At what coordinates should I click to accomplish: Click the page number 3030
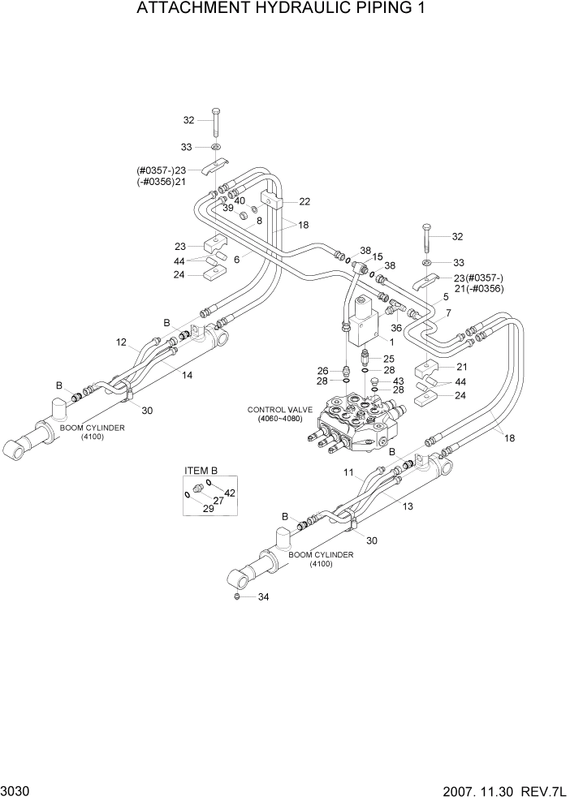coord(18,789)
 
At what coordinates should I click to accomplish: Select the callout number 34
coord(262,597)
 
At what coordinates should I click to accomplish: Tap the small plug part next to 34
coord(236,597)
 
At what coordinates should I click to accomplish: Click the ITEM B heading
coord(201,471)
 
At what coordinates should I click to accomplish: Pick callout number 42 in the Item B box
coord(230,493)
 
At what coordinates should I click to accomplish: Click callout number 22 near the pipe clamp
coord(304,201)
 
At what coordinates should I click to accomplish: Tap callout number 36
coord(397,328)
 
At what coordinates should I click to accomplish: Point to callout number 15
coord(378,256)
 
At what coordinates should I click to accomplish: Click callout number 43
coord(398,381)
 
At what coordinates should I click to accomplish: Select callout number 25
coord(388,358)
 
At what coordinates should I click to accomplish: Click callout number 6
coord(237,259)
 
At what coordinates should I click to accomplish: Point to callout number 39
coord(228,208)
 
